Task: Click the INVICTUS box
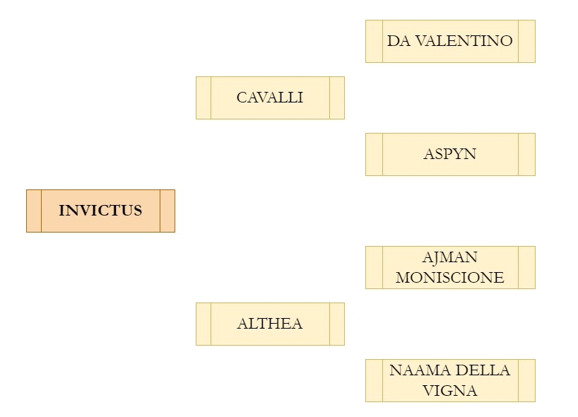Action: [x=100, y=211]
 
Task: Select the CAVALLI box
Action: [x=270, y=98]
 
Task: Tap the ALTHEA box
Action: [x=270, y=324]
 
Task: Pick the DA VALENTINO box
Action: [x=450, y=41]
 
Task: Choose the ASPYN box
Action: [x=450, y=154]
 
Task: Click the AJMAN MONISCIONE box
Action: [x=450, y=267]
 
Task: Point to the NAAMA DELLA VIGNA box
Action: [x=450, y=380]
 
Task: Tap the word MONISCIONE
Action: [x=450, y=277]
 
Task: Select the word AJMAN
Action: [x=450, y=257]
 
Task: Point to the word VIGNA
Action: [x=450, y=390]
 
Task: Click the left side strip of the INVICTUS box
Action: [x=34, y=211]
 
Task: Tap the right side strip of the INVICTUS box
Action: [x=167, y=211]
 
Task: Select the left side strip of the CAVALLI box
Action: [x=204, y=98]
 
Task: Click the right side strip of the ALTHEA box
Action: [x=337, y=324]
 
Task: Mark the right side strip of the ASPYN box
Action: [x=527, y=154]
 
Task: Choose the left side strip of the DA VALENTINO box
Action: [x=374, y=41]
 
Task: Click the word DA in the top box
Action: [x=399, y=41]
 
